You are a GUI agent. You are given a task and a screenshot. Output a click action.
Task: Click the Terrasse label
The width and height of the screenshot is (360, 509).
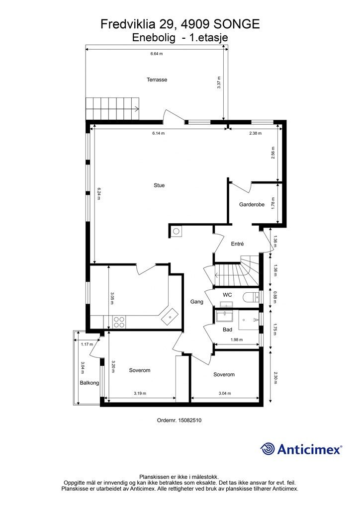pyautogui.click(x=157, y=80)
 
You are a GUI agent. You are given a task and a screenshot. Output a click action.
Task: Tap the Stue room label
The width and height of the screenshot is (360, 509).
pyautogui.click(x=159, y=185)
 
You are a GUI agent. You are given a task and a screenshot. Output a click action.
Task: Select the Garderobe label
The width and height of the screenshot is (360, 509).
pyautogui.click(x=252, y=204)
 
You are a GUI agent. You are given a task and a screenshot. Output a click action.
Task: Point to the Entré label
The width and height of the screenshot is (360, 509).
pyautogui.click(x=237, y=244)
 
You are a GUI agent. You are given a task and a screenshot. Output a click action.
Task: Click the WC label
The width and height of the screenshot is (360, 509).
pyautogui.click(x=227, y=295)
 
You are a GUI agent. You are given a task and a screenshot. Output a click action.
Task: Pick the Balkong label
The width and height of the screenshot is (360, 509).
pyautogui.click(x=90, y=383)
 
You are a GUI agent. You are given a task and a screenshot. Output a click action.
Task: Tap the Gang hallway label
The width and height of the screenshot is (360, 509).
pyautogui.click(x=197, y=302)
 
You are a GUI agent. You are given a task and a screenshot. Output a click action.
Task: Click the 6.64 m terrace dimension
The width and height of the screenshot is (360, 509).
pyautogui.click(x=157, y=54)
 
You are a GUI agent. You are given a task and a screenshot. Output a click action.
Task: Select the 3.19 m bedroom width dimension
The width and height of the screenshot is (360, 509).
pyautogui.click(x=140, y=394)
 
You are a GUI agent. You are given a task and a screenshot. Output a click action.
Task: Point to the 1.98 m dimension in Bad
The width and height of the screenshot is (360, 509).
pyautogui.click(x=237, y=340)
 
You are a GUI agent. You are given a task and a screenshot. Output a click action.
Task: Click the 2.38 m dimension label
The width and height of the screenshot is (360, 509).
pyautogui.click(x=256, y=133)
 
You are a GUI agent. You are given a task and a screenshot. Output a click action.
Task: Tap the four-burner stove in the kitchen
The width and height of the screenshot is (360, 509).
pyautogui.click(x=119, y=322)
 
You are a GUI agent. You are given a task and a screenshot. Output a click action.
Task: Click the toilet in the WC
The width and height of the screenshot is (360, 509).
pyautogui.click(x=252, y=297)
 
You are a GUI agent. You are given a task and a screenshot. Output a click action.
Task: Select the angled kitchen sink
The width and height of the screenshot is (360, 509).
pyautogui.click(x=170, y=317)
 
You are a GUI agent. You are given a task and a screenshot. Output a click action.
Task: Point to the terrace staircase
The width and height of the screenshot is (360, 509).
pyautogui.click(x=113, y=108)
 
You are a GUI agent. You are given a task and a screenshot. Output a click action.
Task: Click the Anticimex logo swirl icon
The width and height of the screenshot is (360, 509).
pyautogui.click(x=267, y=449)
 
